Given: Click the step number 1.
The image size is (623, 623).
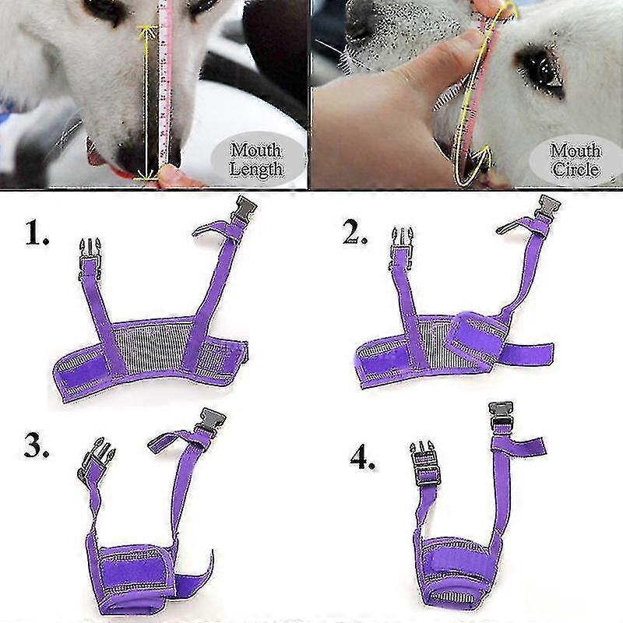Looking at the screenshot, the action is point(37,233).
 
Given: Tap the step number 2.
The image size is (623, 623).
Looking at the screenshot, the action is point(355,231).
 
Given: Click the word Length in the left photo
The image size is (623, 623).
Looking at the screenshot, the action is point(256,168).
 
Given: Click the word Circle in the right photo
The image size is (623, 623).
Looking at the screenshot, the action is point(575,170).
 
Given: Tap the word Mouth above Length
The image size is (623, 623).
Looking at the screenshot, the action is point(256,150).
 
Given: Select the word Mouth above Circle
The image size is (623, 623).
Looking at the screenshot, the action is point(575,151).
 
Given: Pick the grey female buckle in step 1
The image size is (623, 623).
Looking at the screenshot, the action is point(242,208).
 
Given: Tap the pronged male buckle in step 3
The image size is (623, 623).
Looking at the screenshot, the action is point(95,460).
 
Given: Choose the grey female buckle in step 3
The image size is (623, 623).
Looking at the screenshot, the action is point(210,422).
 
